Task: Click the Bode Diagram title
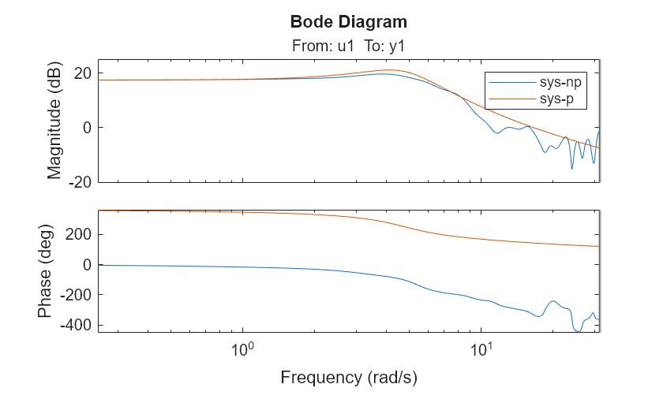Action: [x=348, y=21]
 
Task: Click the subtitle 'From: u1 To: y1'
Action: [x=348, y=47]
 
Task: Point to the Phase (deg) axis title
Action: [x=47, y=271]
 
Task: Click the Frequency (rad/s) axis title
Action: [x=348, y=378]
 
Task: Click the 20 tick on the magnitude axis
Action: [x=81, y=73]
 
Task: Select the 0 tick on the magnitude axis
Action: [x=86, y=128]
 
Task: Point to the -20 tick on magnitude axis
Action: [x=79, y=182]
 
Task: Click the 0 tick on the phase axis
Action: [x=86, y=265]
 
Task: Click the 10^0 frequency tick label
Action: [x=242, y=349]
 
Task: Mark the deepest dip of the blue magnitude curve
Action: [x=572, y=168]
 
